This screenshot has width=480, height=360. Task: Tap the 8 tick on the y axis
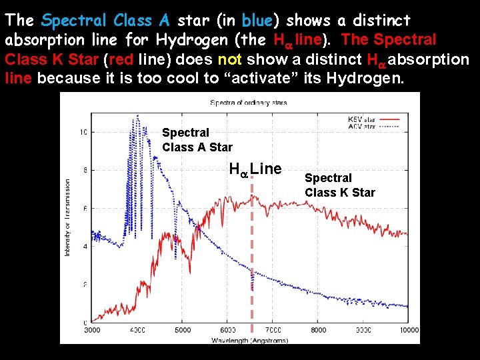pyautogui.click(x=84, y=170)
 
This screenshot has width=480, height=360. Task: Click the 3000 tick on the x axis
pyautogui.click(x=92, y=329)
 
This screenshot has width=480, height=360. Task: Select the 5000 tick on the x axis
pyautogui.click(x=183, y=329)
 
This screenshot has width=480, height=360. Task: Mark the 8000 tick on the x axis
pyautogui.click(x=319, y=329)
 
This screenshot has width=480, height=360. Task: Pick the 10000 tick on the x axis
pyautogui.click(x=408, y=329)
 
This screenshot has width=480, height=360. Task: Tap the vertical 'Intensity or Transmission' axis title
pyautogui.click(x=68, y=217)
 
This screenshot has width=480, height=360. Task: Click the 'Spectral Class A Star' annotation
pyautogui.click(x=197, y=140)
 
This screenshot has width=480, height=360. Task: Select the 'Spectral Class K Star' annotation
pyautogui.click(x=339, y=185)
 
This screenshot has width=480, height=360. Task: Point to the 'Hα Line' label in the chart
pyautogui.click(x=255, y=169)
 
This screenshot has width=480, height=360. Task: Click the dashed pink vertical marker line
pyautogui.click(x=252, y=267)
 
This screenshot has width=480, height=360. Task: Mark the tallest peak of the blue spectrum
pyautogui.click(x=137, y=117)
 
